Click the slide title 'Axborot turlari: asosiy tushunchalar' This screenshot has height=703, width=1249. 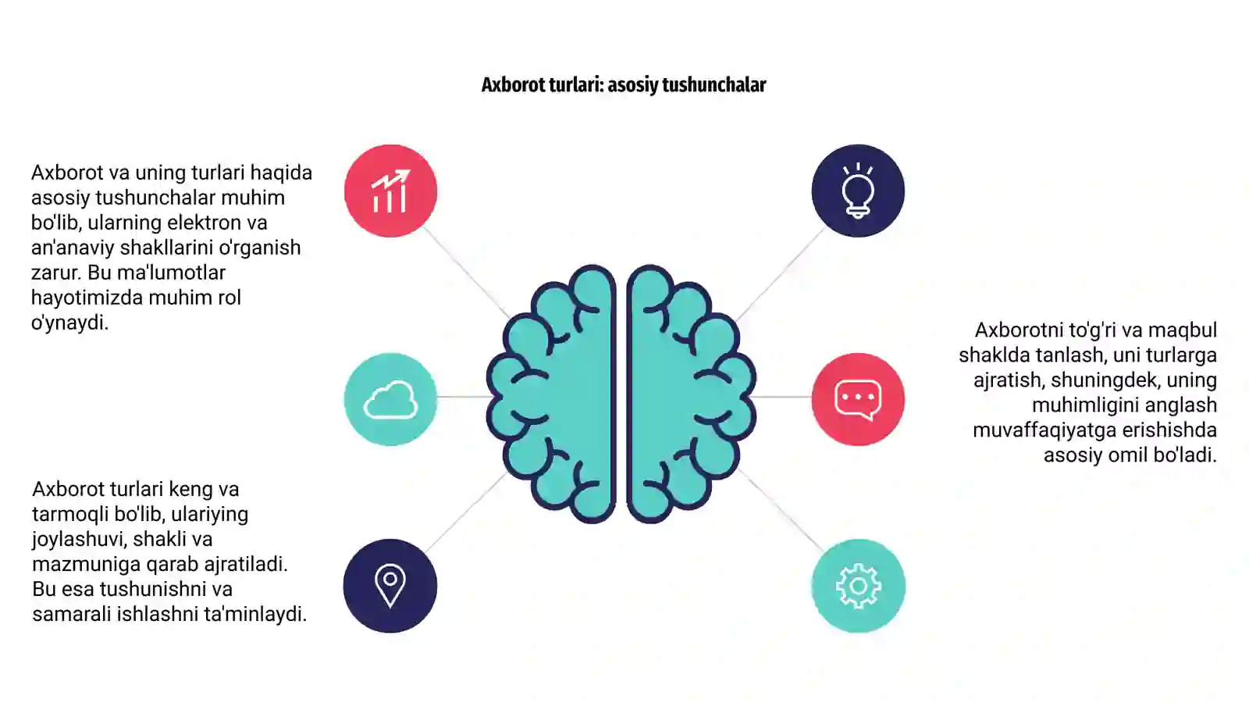point(624,85)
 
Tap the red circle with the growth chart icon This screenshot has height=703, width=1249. point(390,191)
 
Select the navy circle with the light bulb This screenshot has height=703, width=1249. point(858,191)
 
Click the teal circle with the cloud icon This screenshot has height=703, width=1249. point(390,399)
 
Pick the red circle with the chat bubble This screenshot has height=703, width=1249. point(858,399)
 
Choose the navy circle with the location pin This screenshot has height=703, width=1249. point(390,585)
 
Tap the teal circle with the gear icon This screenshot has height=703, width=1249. point(858,585)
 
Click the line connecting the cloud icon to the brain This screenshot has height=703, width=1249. point(463,397)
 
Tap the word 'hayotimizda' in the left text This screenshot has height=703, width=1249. point(87,298)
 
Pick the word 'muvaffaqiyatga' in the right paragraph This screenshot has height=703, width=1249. point(1044,430)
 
